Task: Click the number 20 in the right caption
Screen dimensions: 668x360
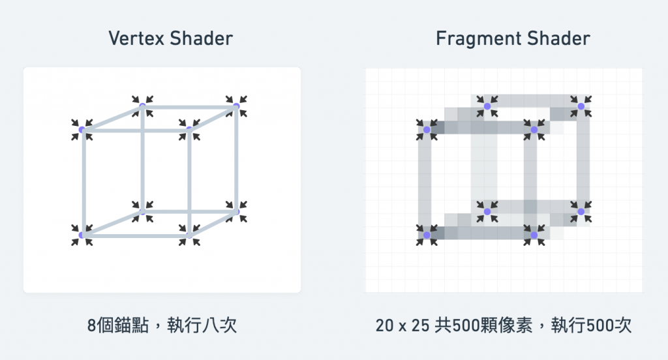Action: coord(384,325)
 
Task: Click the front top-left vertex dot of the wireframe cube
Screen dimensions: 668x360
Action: coord(82,130)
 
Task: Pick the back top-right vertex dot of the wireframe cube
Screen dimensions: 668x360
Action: coord(236,106)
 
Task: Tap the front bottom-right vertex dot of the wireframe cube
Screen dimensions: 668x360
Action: coord(189,235)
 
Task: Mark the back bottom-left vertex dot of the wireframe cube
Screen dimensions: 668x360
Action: coord(143,211)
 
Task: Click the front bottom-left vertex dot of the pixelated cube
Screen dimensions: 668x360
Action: coord(427,235)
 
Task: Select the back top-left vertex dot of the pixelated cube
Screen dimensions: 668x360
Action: coord(487,106)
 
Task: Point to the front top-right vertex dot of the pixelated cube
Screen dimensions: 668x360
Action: coord(534,130)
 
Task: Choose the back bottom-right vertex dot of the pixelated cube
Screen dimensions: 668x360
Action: coord(581,211)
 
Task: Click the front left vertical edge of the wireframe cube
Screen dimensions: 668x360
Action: coord(83,183)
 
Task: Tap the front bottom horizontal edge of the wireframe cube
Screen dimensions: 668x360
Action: coord(136,235)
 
